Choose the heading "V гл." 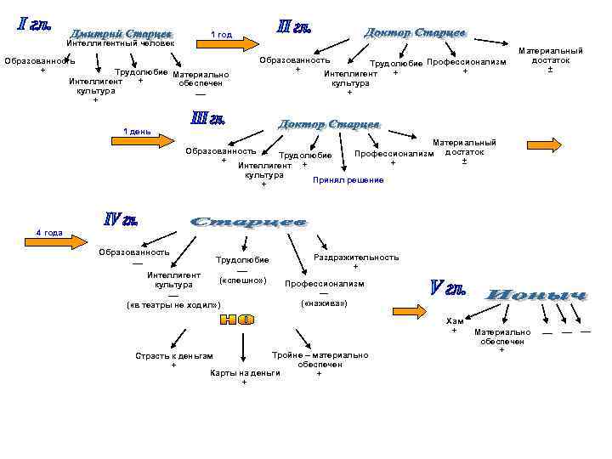point(445,288)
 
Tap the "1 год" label point(221,35)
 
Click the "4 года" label point(49,233)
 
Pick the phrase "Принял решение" point(348,180)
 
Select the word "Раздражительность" point(356,257)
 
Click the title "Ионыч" point(535,296)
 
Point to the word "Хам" point(455,320)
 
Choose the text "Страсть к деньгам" point(174,355)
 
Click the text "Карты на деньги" point(245,372)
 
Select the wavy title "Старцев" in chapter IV point(247,222)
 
